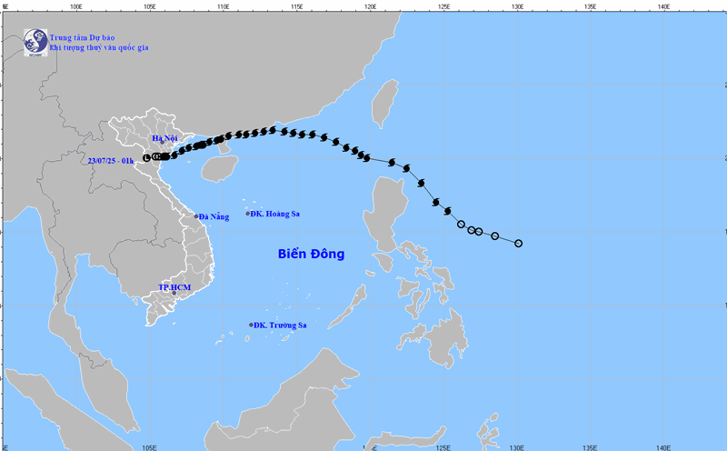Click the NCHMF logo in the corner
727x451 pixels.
(35, 42)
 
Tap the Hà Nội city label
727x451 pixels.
(165, 138)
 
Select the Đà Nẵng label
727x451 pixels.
(215, 216)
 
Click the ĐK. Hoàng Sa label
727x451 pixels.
(276, 215)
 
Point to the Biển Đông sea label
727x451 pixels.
(311, 255)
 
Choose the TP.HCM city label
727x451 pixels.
(174, 287)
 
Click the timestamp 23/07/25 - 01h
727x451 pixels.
(111, 161)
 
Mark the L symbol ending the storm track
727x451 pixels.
(146, 158)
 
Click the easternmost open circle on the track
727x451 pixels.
(518, 243)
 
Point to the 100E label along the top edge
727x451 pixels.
(76, 5)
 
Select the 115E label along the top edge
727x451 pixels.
(296, 5)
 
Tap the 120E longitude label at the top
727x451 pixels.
(370, 5)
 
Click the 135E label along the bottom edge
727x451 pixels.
(590, 446)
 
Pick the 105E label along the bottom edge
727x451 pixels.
(150, 446)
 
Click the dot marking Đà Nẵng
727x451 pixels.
(195, 216)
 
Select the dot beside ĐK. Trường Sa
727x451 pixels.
(251, 325)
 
